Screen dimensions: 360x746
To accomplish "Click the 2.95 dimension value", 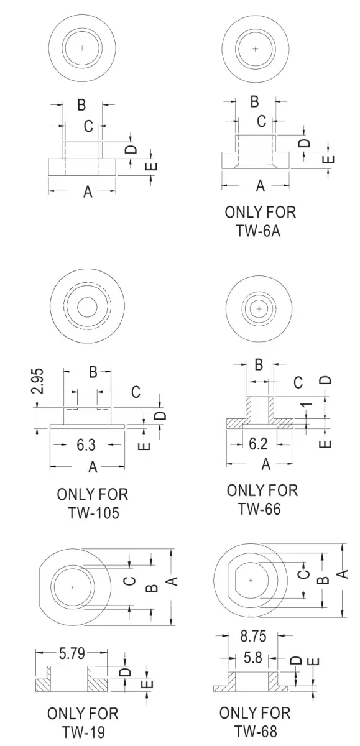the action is [x=39, y=381].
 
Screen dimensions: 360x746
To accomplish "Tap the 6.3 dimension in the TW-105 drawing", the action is [x=86, y=444].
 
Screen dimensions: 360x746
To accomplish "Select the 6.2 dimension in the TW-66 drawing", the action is [x=259, y=444].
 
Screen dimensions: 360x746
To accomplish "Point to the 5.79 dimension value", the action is [x=72, y=653].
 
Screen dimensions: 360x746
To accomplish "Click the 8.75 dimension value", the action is [x=254, y=636].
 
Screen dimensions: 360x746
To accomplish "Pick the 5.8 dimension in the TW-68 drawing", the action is [x=253, y=658].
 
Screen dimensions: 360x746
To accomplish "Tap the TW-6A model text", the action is [x=259, y=231].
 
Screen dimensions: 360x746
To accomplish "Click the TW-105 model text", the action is [x=94, y=512].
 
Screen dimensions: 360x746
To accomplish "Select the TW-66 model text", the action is [x=259, y=509].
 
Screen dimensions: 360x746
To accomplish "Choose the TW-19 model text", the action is [x=83, y=732].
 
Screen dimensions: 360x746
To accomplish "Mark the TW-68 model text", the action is [x=256, y=731].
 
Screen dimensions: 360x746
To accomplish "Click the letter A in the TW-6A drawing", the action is [x=261, y=185].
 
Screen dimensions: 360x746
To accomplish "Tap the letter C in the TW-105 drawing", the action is [x=136, y=392].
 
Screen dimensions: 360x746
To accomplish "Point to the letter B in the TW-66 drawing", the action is [x=259, y=365].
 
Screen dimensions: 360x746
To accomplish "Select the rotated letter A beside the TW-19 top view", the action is [x=172, y=581].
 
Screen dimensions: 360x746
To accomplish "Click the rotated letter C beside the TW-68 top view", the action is [x=303, y=574].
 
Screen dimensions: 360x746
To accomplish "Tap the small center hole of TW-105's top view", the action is [x=87, y=307].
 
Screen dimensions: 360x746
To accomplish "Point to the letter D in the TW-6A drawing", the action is [x=304, y=143].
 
